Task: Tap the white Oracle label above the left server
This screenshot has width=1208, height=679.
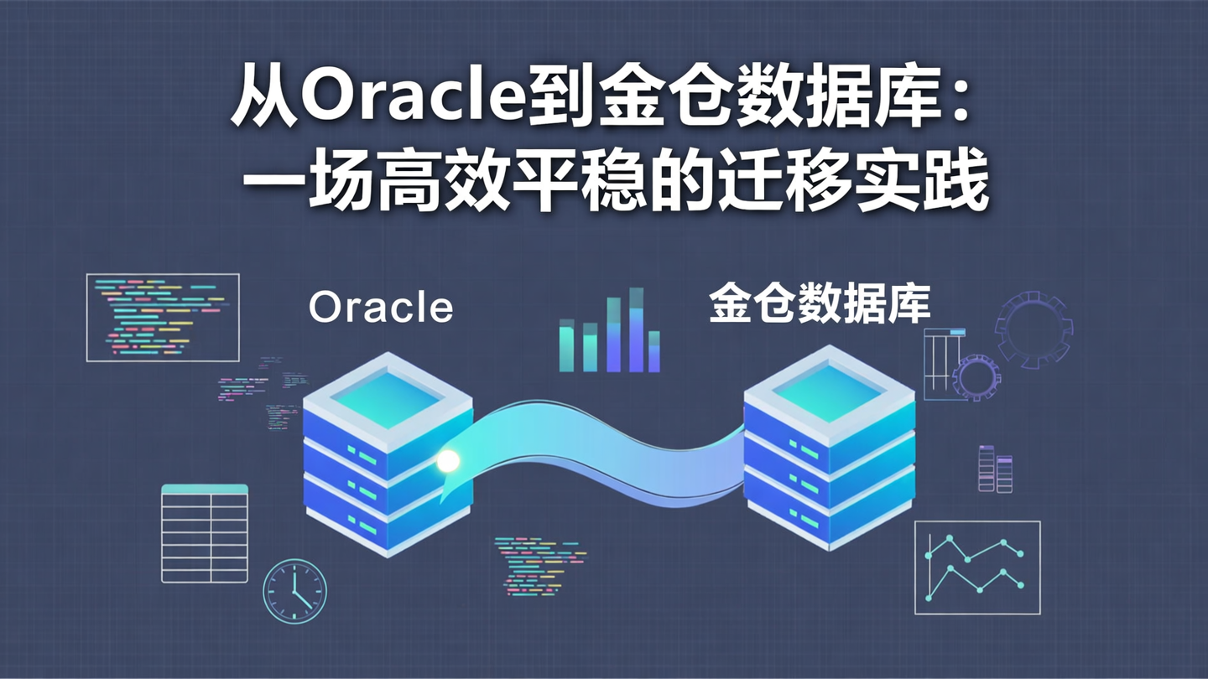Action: coord(381,307)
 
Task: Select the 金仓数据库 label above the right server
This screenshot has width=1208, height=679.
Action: coord(820,304)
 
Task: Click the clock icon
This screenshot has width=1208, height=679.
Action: coord(294,591)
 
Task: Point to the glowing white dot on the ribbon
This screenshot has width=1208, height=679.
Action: coord(448,460)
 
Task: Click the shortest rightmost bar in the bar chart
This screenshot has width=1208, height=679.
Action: coord(654,351)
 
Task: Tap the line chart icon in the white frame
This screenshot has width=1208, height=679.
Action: coord(976,567)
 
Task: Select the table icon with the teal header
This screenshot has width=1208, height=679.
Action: coord(205,533)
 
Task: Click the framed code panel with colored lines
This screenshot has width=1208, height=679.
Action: coord(163,317)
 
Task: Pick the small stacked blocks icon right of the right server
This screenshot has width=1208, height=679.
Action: coord(995,468)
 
